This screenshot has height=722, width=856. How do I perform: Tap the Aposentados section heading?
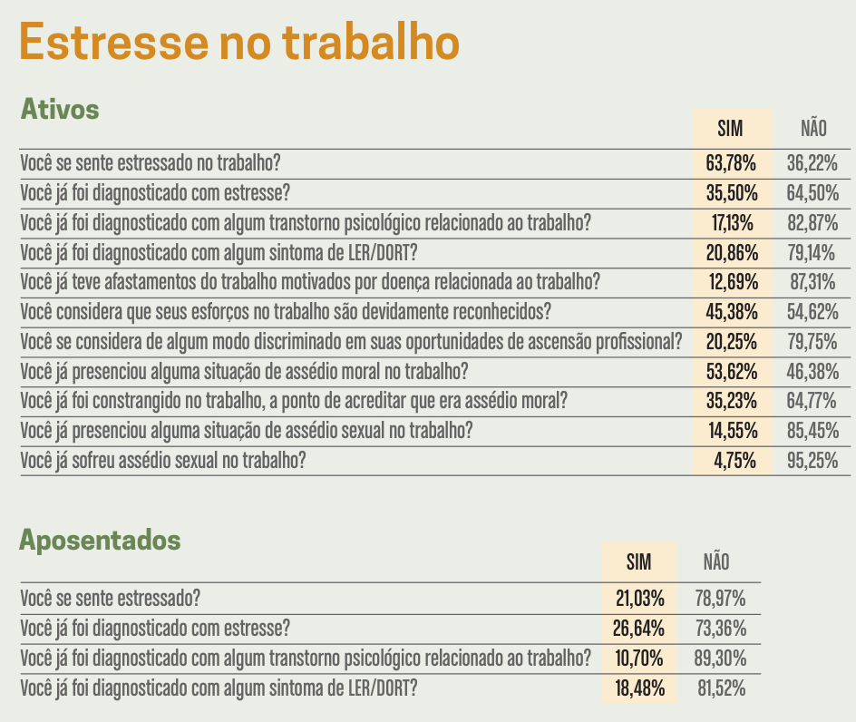point(101,541)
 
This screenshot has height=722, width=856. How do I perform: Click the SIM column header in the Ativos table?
point(730,129)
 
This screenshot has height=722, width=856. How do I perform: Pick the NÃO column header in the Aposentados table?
point(716,562)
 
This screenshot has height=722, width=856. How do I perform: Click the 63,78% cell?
point(732,164)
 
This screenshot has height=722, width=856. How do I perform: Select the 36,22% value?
point(812,164)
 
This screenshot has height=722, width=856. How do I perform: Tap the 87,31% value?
point(812,283)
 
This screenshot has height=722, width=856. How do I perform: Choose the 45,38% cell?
point(732,313)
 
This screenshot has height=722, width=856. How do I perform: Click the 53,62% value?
point(732,372)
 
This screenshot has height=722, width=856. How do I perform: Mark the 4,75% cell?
point(734,461)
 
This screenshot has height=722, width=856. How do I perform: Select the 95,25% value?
point(812,461)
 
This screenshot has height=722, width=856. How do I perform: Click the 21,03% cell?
point(640,599)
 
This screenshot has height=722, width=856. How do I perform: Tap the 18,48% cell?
point(640,688)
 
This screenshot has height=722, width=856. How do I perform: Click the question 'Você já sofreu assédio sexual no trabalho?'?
point(162,461)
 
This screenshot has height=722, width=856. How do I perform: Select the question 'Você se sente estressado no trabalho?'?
point(151,164)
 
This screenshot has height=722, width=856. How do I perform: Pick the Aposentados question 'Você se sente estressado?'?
point(111,599)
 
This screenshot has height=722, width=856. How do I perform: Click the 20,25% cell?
point(732,342)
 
